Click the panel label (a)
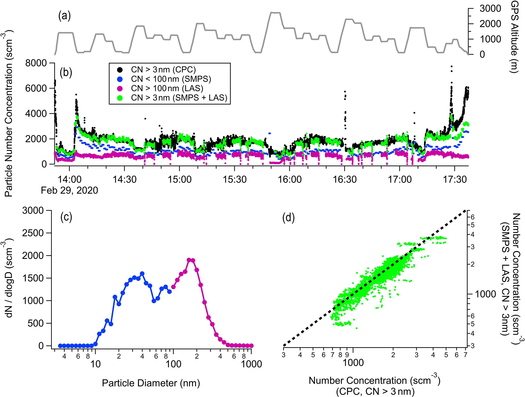[x=65, y=16]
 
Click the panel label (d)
[x=289, y=218]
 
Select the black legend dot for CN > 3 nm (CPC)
[x=120, y=70]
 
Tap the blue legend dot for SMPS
[x=120, y=79]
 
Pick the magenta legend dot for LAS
[x=120, y=89]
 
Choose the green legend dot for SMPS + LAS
[x=120, y=98]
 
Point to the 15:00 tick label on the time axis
[x=180, y=179]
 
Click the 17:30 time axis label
[x=455, y=179]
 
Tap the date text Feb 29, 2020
[x=69, y=190]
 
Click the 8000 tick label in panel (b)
[x=36, y=63]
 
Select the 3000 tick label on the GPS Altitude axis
[x=490, y=9]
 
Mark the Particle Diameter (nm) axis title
[x=151, y=383]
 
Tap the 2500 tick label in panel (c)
[x=33, y=233]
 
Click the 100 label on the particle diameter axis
[x=173, y=364]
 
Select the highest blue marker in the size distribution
[x=142, y=274]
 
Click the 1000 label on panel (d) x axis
[x=353, y=362]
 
